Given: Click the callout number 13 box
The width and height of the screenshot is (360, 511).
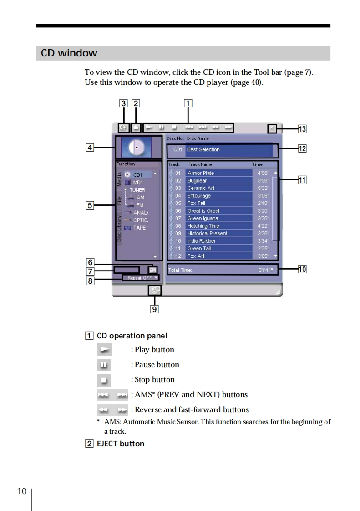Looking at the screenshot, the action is click(302, 129).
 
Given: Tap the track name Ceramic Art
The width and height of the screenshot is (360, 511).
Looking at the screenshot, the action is click(201, 188).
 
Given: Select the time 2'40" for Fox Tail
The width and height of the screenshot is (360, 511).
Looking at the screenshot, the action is click(263, 203).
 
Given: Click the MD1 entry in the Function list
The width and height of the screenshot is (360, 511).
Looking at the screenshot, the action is click(138, 183).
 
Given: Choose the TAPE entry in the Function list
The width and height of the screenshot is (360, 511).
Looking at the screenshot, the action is click(139, 227).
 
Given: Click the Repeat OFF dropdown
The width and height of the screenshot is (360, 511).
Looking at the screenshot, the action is click(141, 278).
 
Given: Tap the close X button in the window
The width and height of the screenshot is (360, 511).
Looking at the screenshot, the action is click(272, 128).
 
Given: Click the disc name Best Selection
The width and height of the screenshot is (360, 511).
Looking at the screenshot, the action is click(203, 149).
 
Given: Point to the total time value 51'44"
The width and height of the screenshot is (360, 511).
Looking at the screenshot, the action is click(266, 270).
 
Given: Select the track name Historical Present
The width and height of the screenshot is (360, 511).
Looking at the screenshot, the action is click(207, 233).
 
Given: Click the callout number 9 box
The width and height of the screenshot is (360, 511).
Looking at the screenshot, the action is click(154, 309).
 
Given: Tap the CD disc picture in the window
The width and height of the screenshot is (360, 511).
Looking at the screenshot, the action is click(137, 148).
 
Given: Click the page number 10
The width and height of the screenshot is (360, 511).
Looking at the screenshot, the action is click(22, 491).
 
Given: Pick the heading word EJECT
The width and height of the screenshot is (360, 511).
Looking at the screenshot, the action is click(107, 444).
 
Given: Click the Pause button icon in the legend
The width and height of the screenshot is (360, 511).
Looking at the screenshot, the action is click(104, 365).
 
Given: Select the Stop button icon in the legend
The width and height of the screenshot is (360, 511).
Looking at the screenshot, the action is click(104, 380).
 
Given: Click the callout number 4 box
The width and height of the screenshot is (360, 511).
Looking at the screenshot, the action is click(90, 148).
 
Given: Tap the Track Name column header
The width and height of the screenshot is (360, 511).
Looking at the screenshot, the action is click(200, 164).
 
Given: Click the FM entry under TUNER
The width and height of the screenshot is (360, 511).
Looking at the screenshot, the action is click(140, 205).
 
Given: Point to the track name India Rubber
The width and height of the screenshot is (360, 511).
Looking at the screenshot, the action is click(201, 241).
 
